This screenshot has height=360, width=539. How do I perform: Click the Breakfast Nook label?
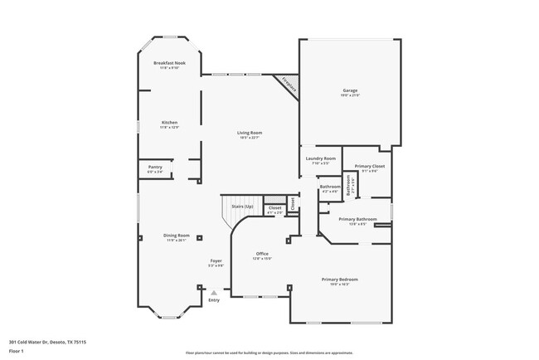[169, 63]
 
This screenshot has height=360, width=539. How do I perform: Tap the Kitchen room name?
[169, 122]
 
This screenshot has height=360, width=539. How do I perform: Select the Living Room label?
[250, 133]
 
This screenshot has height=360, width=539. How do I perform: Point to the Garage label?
[350, 90]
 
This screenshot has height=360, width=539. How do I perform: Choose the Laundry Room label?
[320, 158]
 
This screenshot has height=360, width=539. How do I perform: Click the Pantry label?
[155, 168]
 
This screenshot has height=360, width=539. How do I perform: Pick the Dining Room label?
[177, 236]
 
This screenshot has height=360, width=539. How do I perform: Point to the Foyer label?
[216, 260]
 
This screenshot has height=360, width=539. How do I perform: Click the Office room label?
[262, 254]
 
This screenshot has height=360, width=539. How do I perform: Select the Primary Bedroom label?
[340, 280]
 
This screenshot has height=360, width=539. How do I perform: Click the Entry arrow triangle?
[214, 292]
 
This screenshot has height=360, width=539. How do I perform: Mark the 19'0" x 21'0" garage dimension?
[350, 95]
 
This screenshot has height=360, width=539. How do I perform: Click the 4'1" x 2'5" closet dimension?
[274, 212]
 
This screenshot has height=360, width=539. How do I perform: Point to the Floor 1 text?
[17, 351]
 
